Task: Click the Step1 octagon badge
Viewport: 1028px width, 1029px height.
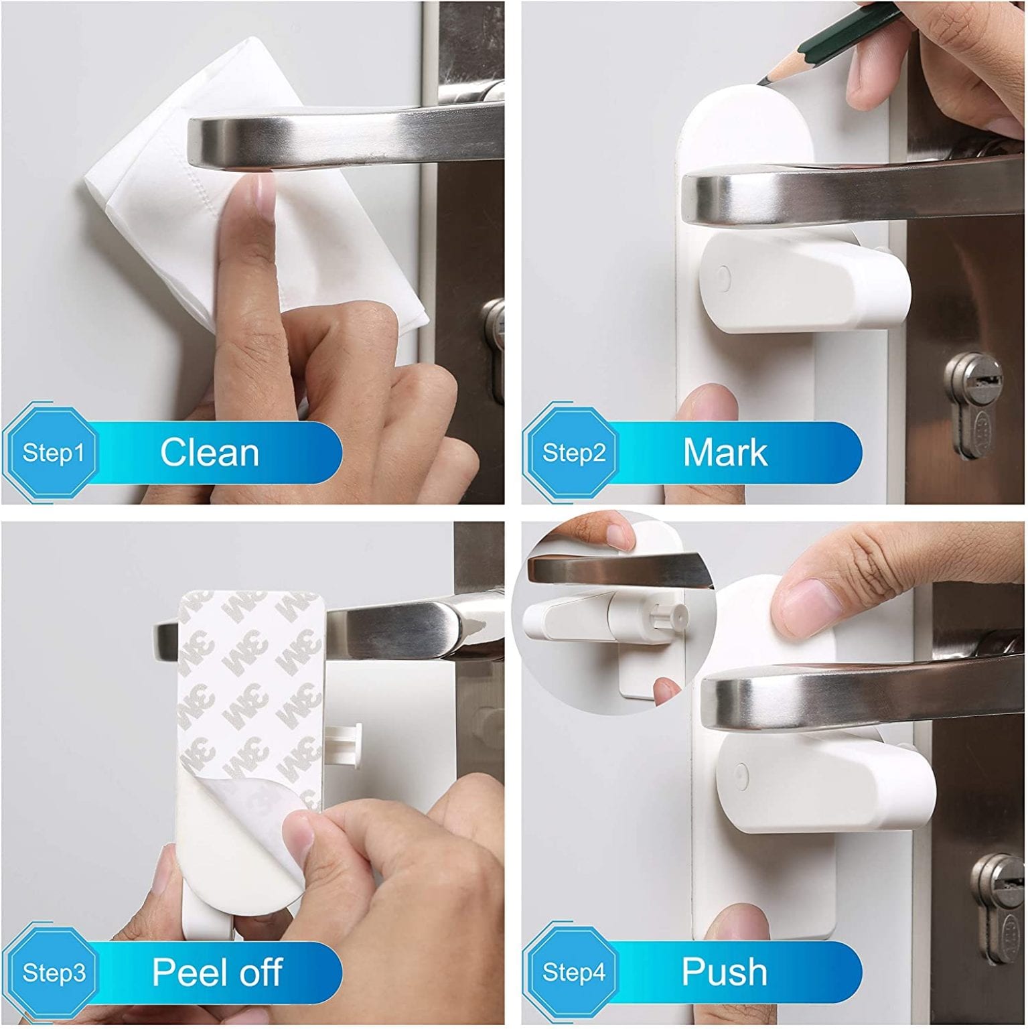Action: [x=52, y=453]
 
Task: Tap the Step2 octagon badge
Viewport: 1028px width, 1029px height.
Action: [x=573, y=453]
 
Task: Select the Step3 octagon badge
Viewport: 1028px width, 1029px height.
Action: [x=52, y=972]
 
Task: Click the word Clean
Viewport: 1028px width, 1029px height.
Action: [x=210, y=453]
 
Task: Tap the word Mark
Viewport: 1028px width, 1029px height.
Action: [x=725, y=453]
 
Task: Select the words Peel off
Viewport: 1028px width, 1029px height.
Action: [x=217, y=972]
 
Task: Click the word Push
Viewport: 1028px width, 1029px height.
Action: [x=724, y=972]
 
